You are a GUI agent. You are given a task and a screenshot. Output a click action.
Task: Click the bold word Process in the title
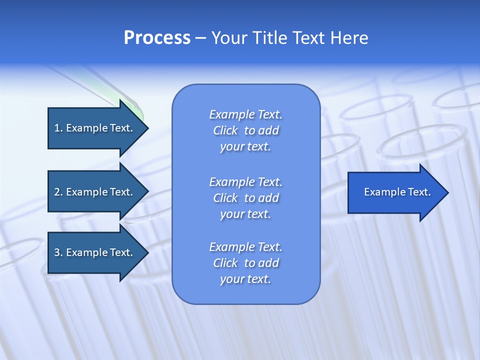(x=157, y=38)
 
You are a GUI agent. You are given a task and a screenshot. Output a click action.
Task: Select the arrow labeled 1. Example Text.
(x=95, y=128)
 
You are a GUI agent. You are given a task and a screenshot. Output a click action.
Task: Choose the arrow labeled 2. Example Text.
(x=95, y=192)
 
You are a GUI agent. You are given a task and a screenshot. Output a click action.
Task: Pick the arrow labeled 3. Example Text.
(x=95, y=252)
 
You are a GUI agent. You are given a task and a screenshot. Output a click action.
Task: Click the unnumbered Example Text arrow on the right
(x=395, y=192)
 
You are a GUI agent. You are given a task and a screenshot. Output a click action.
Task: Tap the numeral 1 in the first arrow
(x=56, y=128)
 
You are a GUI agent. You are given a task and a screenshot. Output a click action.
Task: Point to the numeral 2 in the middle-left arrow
(x=56, y=192)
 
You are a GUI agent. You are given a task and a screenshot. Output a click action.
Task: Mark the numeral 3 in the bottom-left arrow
(x=56, y=252)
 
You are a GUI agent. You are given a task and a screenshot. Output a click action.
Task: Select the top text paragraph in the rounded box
(x=245, y=130)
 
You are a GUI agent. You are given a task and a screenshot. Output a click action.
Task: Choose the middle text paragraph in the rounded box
(x=245, y=198)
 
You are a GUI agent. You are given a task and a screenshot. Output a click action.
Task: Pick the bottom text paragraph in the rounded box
(x=245, y=263)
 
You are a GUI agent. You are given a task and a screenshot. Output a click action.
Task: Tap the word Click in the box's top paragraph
(x=225, y=130)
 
